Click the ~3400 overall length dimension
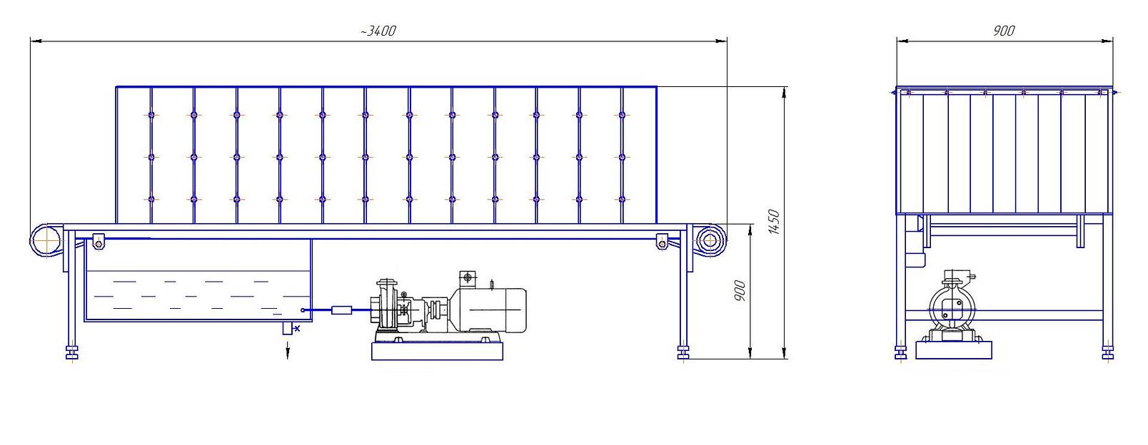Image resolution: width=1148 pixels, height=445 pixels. click(378, 31)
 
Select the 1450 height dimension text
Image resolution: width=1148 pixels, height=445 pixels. click(774, 222)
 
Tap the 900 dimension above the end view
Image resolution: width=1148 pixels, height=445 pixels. click(1004, 31)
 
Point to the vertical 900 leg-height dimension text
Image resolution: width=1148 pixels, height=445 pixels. click(740, 290)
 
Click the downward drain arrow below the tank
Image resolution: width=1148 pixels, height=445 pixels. click(288, 349)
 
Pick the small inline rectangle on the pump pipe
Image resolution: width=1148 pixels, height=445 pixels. click(341, 310)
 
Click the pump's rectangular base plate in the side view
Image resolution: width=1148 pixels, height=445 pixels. click(437, 352)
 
